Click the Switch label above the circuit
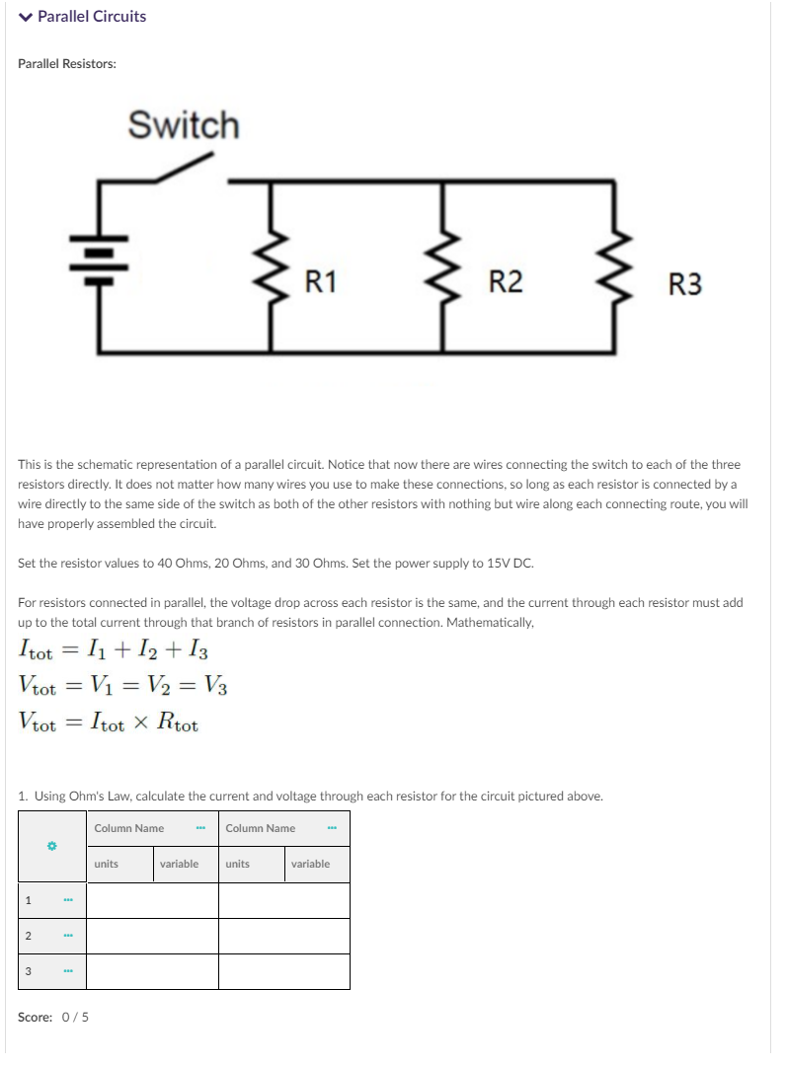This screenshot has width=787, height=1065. point(184,126)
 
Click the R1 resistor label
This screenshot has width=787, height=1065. point(320,282)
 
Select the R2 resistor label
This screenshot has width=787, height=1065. point(506,282)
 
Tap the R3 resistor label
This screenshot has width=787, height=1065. point(685,285)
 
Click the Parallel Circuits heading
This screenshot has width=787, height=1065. point(92,17)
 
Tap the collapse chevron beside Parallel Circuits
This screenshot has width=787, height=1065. point(26,17)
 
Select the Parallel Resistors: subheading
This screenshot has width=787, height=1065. point(67,63)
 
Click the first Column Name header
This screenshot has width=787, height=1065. point(129,828)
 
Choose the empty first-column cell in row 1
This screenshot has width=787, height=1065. point(152,900)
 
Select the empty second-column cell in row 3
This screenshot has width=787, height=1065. point(284,971)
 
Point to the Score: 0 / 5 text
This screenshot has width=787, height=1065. point(53,1017)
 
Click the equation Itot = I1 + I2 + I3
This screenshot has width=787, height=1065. point(113,652)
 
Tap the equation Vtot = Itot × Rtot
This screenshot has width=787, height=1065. point(109,723)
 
